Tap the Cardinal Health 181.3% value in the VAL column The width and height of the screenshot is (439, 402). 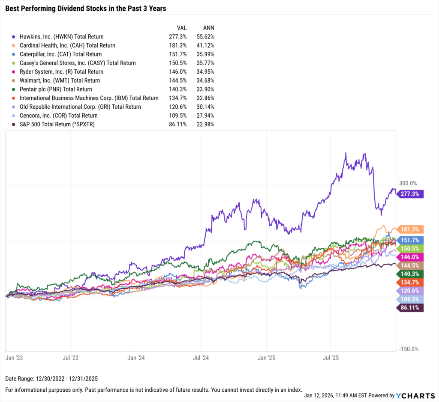point(178,45)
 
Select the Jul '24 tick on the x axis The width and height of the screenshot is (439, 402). point(201,357)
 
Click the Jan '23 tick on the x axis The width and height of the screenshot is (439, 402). point(14,357)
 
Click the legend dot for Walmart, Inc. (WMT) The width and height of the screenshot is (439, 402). point(15,80)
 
